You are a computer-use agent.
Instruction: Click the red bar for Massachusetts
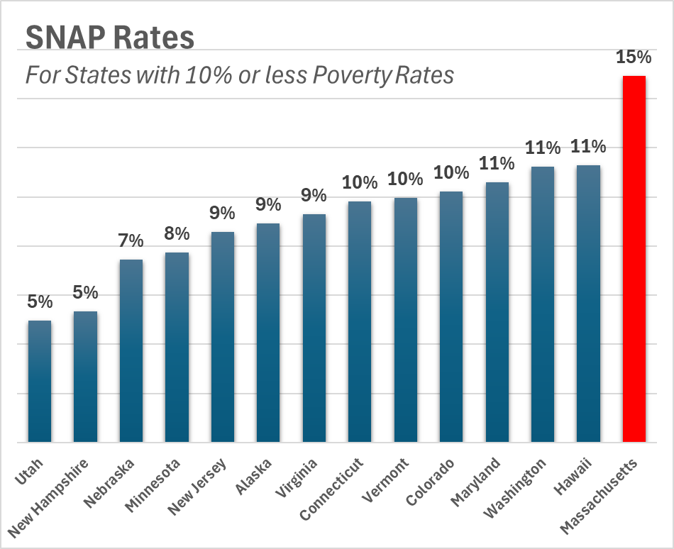(634, 259)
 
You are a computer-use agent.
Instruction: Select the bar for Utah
(40, 382)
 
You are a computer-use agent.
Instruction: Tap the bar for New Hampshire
(85, 377)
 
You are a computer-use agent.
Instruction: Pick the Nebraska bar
(131, 351)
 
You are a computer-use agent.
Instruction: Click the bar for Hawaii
(588, 304)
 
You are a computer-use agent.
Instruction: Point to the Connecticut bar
(360, 322)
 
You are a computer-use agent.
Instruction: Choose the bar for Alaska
(268, 333)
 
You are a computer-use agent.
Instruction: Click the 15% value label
(634, 57)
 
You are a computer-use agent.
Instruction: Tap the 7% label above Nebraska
(131, 240)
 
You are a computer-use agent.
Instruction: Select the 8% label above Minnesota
(177, 233)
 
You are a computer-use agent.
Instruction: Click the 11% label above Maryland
(497, 164)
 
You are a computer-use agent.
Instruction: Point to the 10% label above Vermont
(406, 179)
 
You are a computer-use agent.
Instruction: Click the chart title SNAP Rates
(110, 38)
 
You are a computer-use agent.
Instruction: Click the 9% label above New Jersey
(222, 213)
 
